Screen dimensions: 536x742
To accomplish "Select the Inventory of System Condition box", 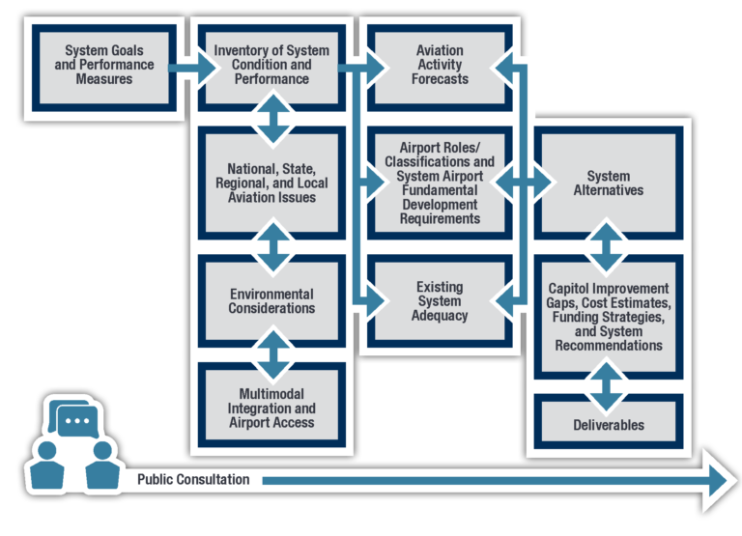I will [x=271, y=65].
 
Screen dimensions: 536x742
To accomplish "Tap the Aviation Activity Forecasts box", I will [x=439, y=65].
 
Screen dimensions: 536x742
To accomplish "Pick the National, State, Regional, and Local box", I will [x=271, y=183].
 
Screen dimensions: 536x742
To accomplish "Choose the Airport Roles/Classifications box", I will [x=439, y=183].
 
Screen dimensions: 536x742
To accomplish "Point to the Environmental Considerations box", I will [x=271, y=300].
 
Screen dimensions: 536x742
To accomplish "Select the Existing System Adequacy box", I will [x=439, y=300].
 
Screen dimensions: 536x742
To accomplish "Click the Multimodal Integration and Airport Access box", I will [x=271, y=408].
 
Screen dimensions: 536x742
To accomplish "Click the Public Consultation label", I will [x=193, y=480].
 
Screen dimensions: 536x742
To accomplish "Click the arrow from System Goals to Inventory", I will [x=194, y=68].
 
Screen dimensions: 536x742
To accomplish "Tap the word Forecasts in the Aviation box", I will [x=440, y=78].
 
